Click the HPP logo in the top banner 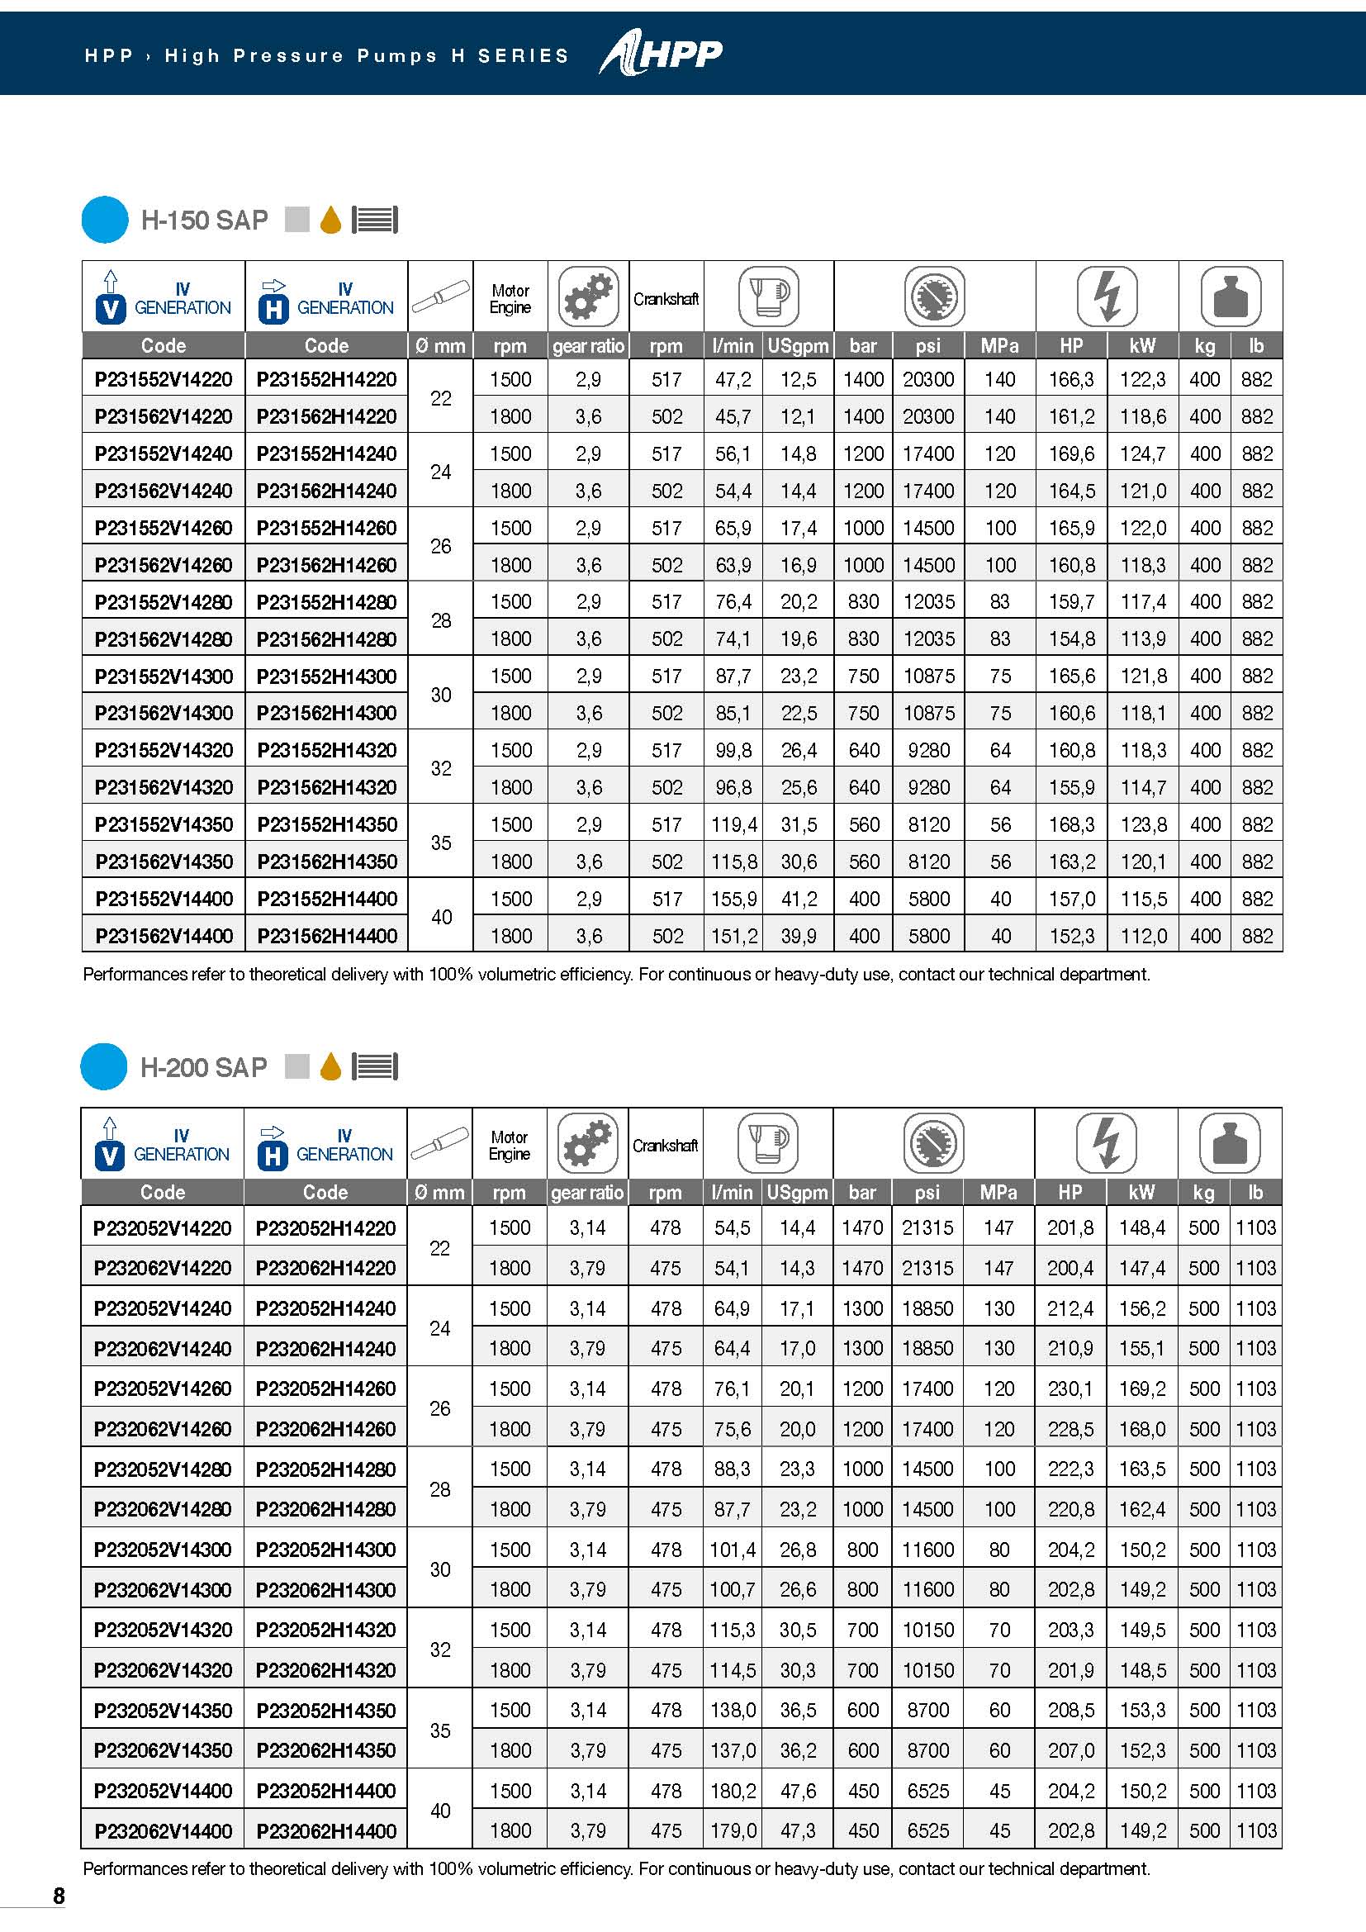662,54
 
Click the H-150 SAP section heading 203,221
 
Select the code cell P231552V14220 164,379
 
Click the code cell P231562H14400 327,936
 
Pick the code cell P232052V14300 163,1549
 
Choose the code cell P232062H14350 326,1750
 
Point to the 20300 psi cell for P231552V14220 927,379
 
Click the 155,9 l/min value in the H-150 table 733,899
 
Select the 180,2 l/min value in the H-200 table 733,1791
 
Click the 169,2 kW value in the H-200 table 1142,1388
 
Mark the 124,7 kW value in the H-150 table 1142,453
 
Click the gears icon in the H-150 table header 588,297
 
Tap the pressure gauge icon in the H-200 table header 934,1142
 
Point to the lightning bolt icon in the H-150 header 1107,297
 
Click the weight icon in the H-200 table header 1230,1142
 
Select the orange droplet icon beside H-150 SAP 330,221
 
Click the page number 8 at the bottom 59,1895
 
